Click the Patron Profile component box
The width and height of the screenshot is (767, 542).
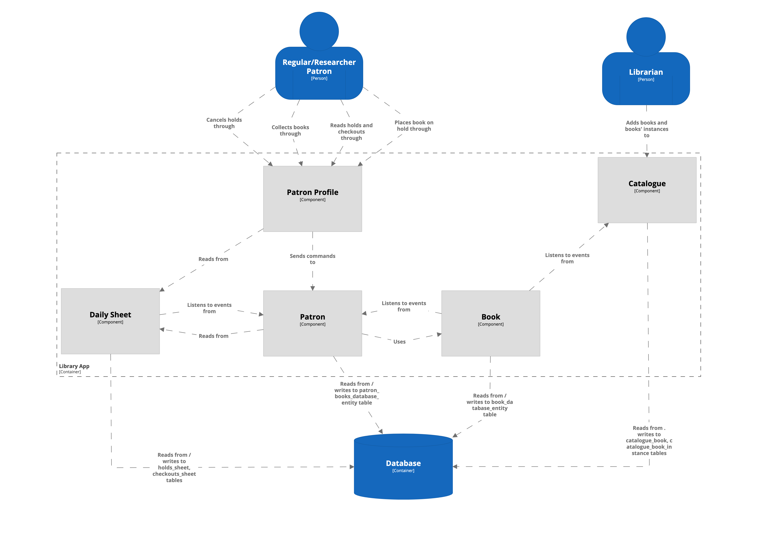312,199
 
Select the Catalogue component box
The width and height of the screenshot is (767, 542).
647,190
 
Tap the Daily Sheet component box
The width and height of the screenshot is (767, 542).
110,321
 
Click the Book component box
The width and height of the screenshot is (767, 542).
490,323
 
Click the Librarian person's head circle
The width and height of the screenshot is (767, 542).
646,37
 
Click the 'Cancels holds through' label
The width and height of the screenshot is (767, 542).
224,123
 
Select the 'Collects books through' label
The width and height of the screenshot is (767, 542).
290,130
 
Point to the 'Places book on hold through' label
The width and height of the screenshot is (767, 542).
414,126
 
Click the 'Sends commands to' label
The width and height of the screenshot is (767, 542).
312,259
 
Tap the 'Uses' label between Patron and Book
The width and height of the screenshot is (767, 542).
399,342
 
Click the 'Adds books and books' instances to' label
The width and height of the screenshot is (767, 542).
646,129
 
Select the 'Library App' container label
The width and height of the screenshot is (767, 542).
74,366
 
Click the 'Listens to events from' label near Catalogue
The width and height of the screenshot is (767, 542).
567,258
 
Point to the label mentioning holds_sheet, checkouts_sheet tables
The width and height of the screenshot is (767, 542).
174,467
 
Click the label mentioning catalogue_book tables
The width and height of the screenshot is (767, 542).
649,440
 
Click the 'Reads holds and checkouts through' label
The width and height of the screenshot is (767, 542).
351,132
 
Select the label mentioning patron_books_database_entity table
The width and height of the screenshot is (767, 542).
356,393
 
